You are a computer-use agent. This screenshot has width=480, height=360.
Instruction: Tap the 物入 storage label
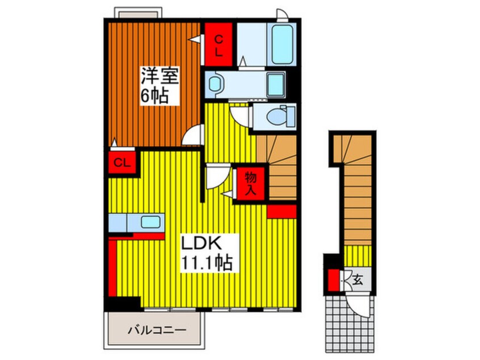(x=250, y=183)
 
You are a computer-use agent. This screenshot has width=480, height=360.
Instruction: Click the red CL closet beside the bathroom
(x=218, y=44)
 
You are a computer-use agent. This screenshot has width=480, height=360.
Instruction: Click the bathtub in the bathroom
(x=281, y=45)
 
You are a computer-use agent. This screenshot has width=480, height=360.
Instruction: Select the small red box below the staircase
(x=281, y=211)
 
